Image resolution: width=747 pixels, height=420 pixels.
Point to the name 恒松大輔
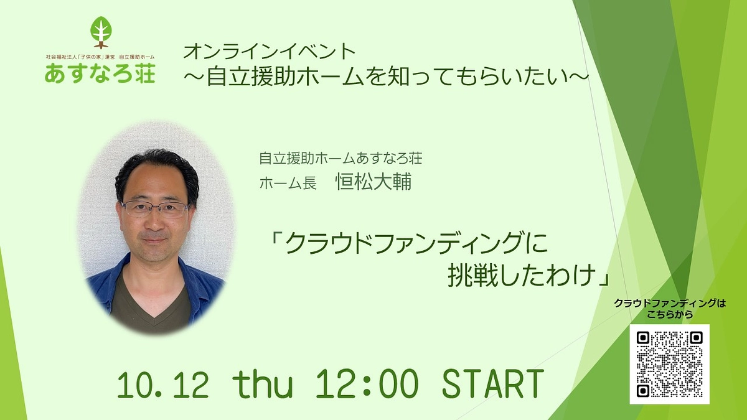point(374,183)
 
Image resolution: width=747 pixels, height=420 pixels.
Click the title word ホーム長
point(288,184)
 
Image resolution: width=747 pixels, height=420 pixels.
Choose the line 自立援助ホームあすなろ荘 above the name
point(340,159)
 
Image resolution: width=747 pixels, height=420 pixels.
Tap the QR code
point(669,364)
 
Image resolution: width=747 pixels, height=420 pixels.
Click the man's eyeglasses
point(155,208)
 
